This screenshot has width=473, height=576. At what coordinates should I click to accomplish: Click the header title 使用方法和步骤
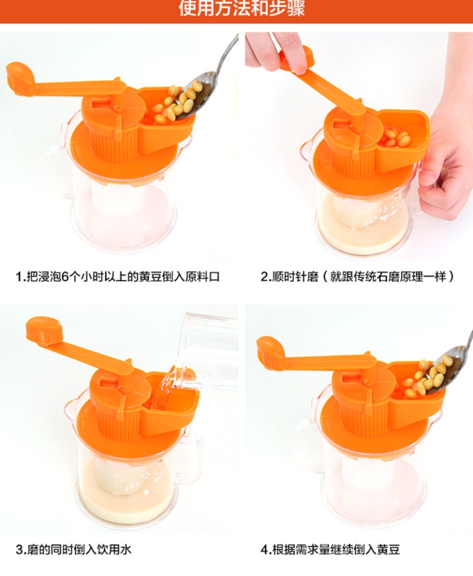click(x=242, y=8)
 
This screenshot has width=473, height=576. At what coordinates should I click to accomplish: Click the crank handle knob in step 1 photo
click(x=20, y=79)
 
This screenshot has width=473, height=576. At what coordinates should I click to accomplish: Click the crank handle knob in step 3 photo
click(x=44, y=331)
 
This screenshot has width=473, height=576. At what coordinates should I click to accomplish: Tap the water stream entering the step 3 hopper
click(x=163, y=391)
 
